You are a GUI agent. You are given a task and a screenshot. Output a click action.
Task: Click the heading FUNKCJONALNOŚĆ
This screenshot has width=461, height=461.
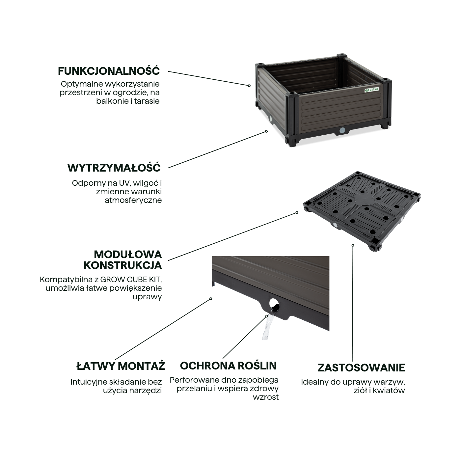(x=109, y=71)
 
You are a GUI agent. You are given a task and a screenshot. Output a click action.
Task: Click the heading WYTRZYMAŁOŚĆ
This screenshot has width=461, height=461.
(x=114, y=168)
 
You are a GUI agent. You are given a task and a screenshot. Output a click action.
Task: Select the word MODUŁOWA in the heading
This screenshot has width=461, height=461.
(x=128, y=255)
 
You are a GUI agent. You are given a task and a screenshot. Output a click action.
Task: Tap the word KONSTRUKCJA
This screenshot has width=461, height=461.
(x=123, y=265)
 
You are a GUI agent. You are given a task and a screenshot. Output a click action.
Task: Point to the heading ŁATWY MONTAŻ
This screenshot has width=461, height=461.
(x=121, y=366)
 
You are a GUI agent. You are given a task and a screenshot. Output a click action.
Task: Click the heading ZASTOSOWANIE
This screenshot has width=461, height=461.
(x=361, y=368)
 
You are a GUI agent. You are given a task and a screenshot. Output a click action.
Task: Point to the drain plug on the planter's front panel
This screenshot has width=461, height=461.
(x=342, y=130)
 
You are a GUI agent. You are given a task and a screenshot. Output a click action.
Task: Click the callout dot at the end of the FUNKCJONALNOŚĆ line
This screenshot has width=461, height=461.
(x=249, y=86)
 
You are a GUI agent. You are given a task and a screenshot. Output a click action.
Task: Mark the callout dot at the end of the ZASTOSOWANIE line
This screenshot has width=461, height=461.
(x=353, y=245)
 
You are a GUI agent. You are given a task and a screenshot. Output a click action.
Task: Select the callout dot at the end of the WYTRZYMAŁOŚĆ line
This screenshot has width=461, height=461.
(x=266, y=131)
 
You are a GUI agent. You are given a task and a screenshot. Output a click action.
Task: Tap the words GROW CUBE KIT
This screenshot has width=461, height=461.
(x=133, y=280)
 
